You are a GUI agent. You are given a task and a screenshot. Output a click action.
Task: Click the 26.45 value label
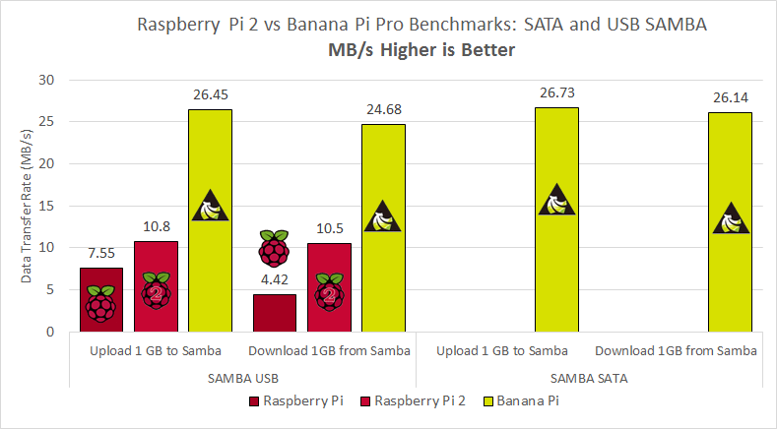[210, 94]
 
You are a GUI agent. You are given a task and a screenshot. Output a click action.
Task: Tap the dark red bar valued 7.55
[100, 299]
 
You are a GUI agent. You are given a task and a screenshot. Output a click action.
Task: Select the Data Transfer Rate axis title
[28, 206]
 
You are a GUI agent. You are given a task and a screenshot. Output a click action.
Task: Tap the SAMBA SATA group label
[588, 378]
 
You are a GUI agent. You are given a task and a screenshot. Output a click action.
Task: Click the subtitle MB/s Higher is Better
[421, 50]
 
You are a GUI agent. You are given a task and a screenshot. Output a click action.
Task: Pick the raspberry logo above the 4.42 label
[274, 248]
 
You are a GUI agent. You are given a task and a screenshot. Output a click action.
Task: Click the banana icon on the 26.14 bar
[730, 217]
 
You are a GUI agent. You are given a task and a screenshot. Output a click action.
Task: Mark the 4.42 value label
[274, 280]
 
